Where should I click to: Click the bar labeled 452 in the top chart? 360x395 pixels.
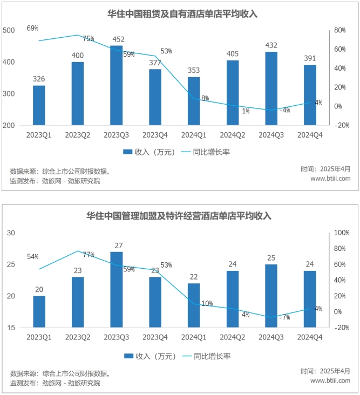coord(116,85)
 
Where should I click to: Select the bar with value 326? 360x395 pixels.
coord(39,105)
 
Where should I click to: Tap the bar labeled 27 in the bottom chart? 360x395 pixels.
coord(116,289)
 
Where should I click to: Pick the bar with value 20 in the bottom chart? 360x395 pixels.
coord(39,311)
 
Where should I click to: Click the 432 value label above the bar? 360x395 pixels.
coord(271,46)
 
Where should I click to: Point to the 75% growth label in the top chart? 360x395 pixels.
coord(89,38)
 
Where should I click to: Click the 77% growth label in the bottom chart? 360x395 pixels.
coord(89,254)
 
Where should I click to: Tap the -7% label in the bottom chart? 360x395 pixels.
coord(284,317)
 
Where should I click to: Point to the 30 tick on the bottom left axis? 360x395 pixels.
coord(11,233)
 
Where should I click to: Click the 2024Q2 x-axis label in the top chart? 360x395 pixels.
coord(233,135)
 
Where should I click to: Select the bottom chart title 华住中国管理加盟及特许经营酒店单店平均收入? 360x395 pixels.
coord(179,216)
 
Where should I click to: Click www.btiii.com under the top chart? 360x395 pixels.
coord(330,179)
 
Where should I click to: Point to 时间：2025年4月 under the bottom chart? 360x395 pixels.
coord(325,371)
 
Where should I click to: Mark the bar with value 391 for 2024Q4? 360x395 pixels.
coord(310,95)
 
